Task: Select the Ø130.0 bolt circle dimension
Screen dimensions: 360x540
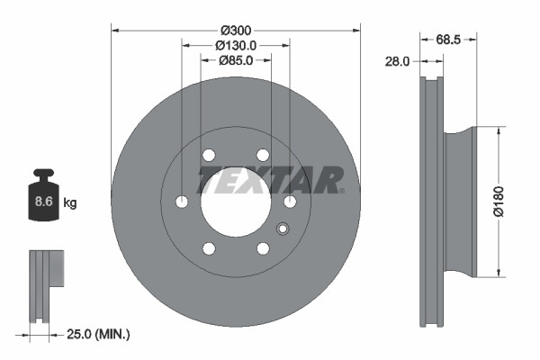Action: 236,45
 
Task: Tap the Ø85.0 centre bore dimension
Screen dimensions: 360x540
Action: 236,61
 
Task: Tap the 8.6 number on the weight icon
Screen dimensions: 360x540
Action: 43,202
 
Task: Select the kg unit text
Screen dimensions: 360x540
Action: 70,203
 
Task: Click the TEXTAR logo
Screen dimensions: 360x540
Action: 271,179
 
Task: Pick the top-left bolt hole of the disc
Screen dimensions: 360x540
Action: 209,155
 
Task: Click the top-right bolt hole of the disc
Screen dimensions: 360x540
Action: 263,155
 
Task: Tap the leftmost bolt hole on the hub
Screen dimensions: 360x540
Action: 182,202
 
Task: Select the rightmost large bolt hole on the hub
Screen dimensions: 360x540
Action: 290,202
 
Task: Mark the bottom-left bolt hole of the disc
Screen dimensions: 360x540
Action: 209,248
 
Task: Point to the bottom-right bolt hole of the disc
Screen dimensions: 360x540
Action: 263,248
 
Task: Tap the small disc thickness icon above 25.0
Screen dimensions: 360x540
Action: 47,282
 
